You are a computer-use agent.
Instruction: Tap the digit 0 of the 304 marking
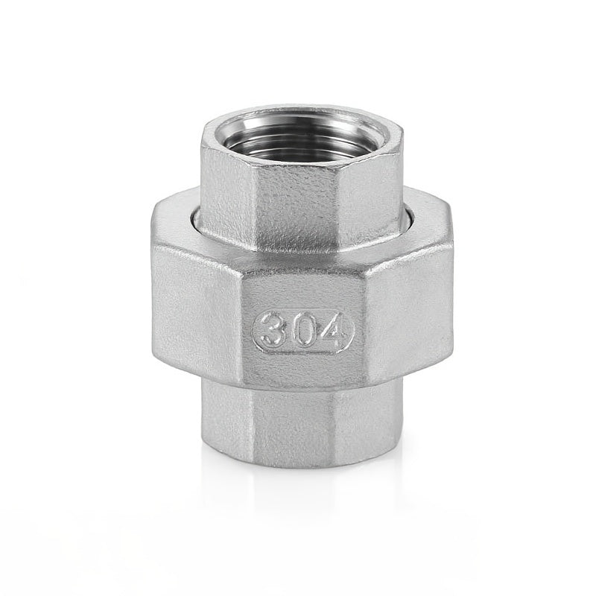click(302, 330)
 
